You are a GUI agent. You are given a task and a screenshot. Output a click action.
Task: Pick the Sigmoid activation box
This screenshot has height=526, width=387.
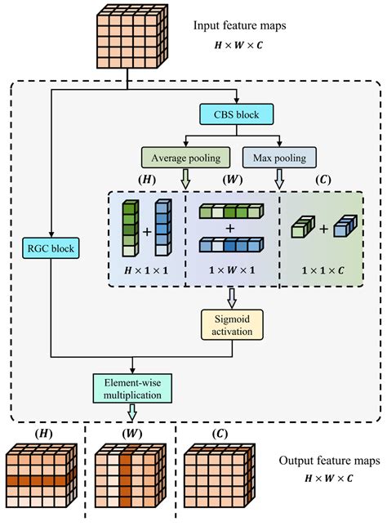(234, 323)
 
